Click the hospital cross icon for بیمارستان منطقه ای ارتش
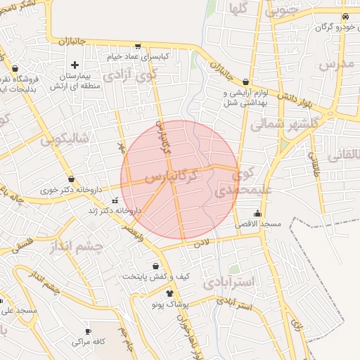(75, 65)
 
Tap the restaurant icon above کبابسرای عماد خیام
(137, 45)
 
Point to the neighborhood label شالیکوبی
(65, 139)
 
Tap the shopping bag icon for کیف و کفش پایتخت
(156, 266)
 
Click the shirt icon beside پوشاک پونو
(169, 292)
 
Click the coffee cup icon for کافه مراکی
(88, 331)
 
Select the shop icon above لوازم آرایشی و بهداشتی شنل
(245, 82)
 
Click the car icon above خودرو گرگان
(345, 16)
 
